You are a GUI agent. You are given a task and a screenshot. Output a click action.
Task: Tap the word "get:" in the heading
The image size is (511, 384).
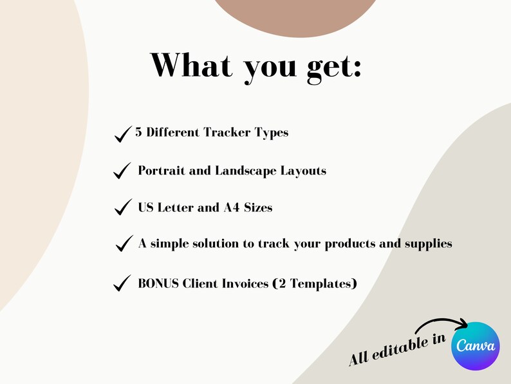[x=335, y=67]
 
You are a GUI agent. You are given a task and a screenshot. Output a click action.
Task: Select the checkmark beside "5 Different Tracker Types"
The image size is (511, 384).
[x=122, y=134]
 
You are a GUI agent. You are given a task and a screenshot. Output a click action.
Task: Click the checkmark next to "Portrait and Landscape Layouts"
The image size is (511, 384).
[x=122, y=171]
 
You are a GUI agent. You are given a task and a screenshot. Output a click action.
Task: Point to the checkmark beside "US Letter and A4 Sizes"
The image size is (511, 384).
[x=122, y=208]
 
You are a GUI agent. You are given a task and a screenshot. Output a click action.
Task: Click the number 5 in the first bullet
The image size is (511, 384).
[x=138, y=133]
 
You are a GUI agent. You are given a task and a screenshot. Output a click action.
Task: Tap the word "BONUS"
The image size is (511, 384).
[x=159, y=283]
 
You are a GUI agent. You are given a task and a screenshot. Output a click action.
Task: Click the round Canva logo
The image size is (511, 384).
[x=476, y=345]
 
